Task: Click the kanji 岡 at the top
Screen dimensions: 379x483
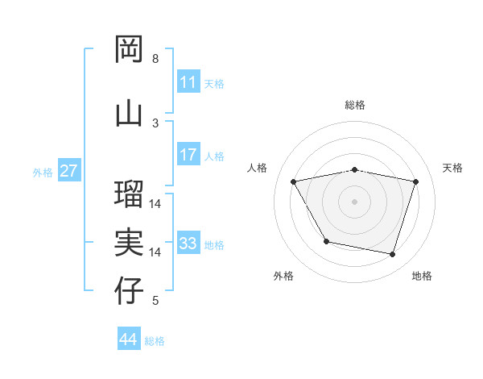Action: [130, 50]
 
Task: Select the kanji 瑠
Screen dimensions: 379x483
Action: [130, 194]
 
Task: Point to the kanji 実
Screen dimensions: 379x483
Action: [130, 243]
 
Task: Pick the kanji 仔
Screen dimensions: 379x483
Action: [130, 291]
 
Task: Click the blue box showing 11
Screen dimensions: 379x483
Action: [188, 82]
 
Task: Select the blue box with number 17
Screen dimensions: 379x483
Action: [188, 155]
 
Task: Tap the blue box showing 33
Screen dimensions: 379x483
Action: [188, 244]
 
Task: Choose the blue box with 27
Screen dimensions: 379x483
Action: [68, 171]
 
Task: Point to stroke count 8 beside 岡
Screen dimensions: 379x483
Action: [155, 59]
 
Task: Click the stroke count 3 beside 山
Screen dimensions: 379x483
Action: [155, 123]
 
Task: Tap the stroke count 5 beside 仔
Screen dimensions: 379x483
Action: [155, 301]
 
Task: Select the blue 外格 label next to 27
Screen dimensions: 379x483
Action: [43, 172]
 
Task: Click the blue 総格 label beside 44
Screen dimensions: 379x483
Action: [155, 341]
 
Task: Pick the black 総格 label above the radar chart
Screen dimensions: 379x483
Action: [355, 105]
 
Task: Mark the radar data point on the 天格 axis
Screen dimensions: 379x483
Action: [416, 181]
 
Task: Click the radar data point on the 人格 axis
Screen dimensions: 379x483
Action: [294, 181]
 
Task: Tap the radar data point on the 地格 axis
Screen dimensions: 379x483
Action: [392, 254]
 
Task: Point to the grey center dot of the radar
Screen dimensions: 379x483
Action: [355, 201]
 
